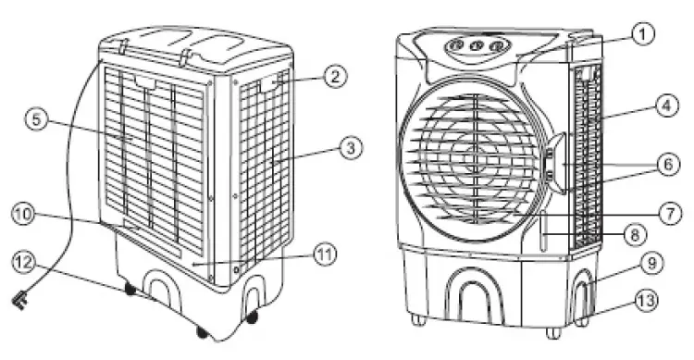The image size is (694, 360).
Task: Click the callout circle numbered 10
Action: click(x=23, y=216)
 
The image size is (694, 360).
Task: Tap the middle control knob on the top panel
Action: click(x=476, y=45)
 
